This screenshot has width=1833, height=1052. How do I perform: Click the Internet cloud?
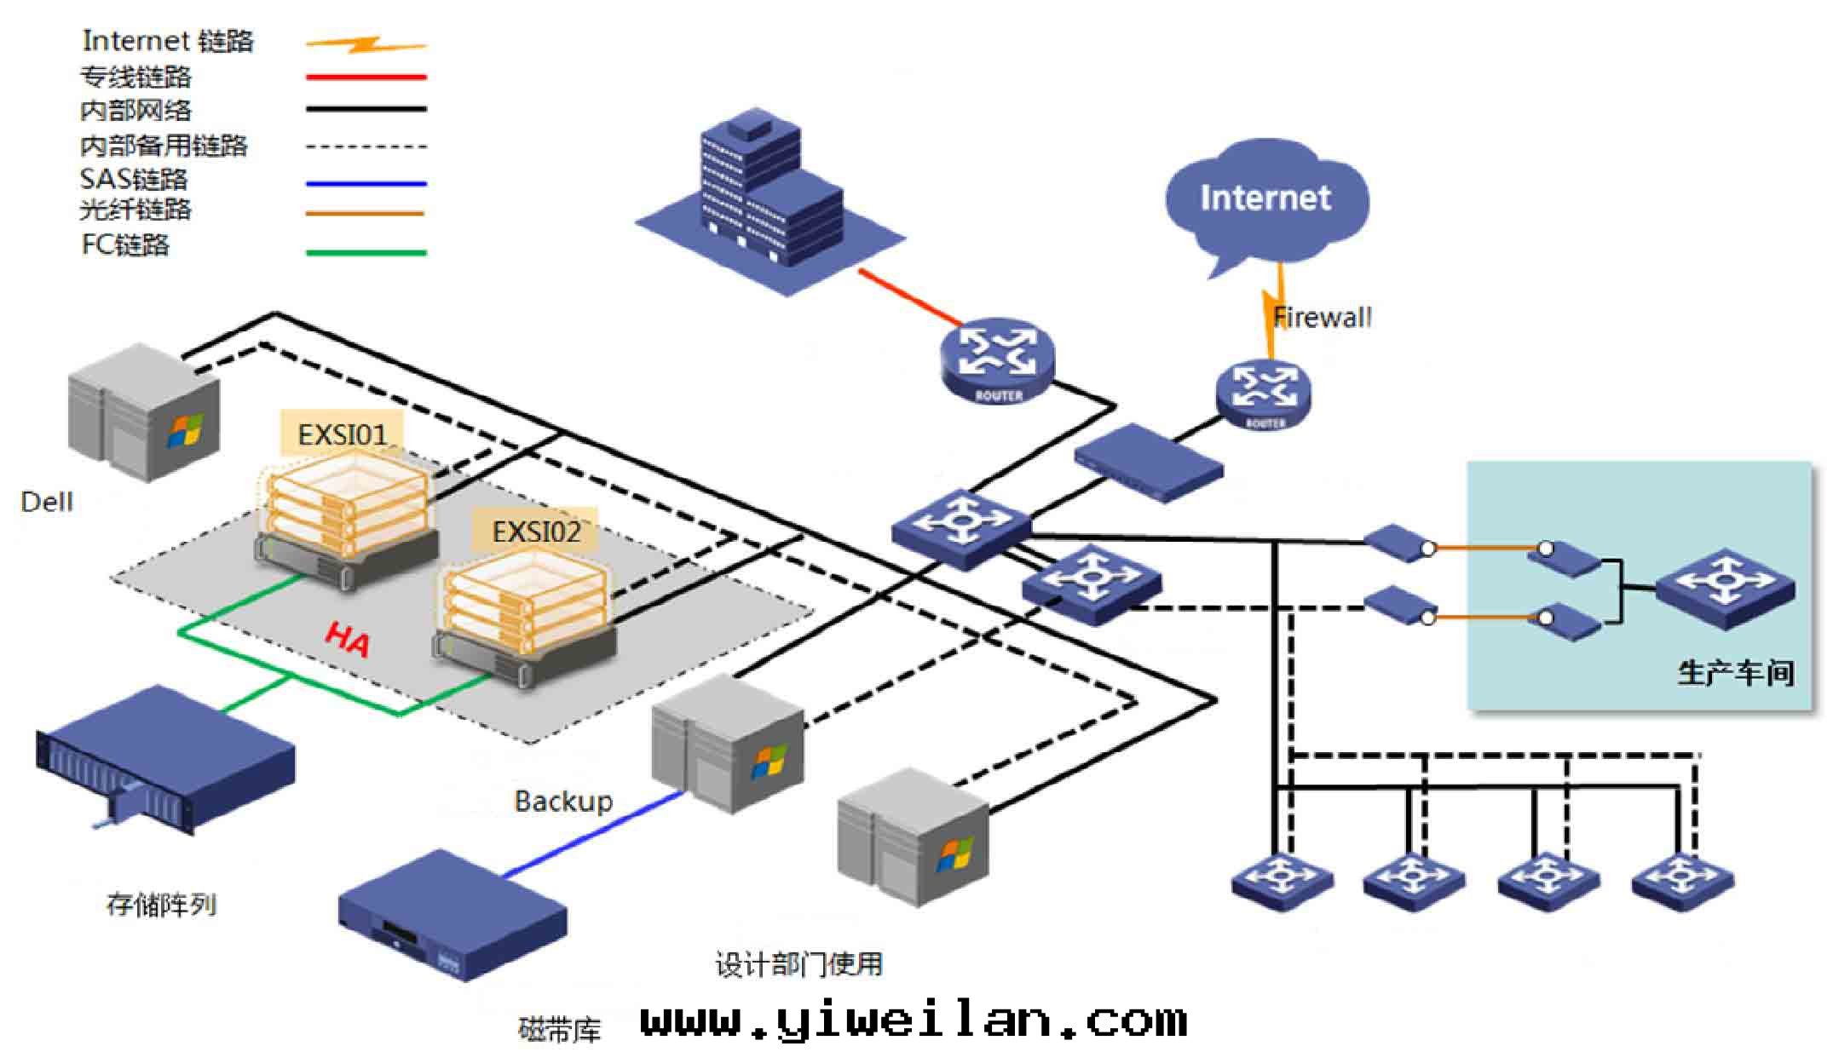point(1265,200)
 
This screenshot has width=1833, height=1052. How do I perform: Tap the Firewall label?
point(1323,318)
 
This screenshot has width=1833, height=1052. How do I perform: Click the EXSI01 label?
point(342,435)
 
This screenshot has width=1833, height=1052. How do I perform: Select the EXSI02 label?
point(536,532)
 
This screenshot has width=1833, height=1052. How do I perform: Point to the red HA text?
point(348,639)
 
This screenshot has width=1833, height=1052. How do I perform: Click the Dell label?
point(47,502)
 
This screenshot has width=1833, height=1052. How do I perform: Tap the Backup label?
point(563,802)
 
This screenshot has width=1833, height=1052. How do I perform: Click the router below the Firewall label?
point(1263,394)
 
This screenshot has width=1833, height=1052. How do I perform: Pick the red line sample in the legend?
point(366,78)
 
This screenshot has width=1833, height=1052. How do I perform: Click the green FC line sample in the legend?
point(366,253)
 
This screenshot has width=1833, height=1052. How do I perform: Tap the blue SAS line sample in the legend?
point(366,183)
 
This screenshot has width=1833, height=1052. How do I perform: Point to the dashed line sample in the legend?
point(366,147)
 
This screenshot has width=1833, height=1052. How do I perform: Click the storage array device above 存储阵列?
point(166,758)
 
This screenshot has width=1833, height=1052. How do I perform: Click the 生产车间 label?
point(1735,673)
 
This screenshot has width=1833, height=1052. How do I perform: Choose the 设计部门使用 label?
point(798,964)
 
